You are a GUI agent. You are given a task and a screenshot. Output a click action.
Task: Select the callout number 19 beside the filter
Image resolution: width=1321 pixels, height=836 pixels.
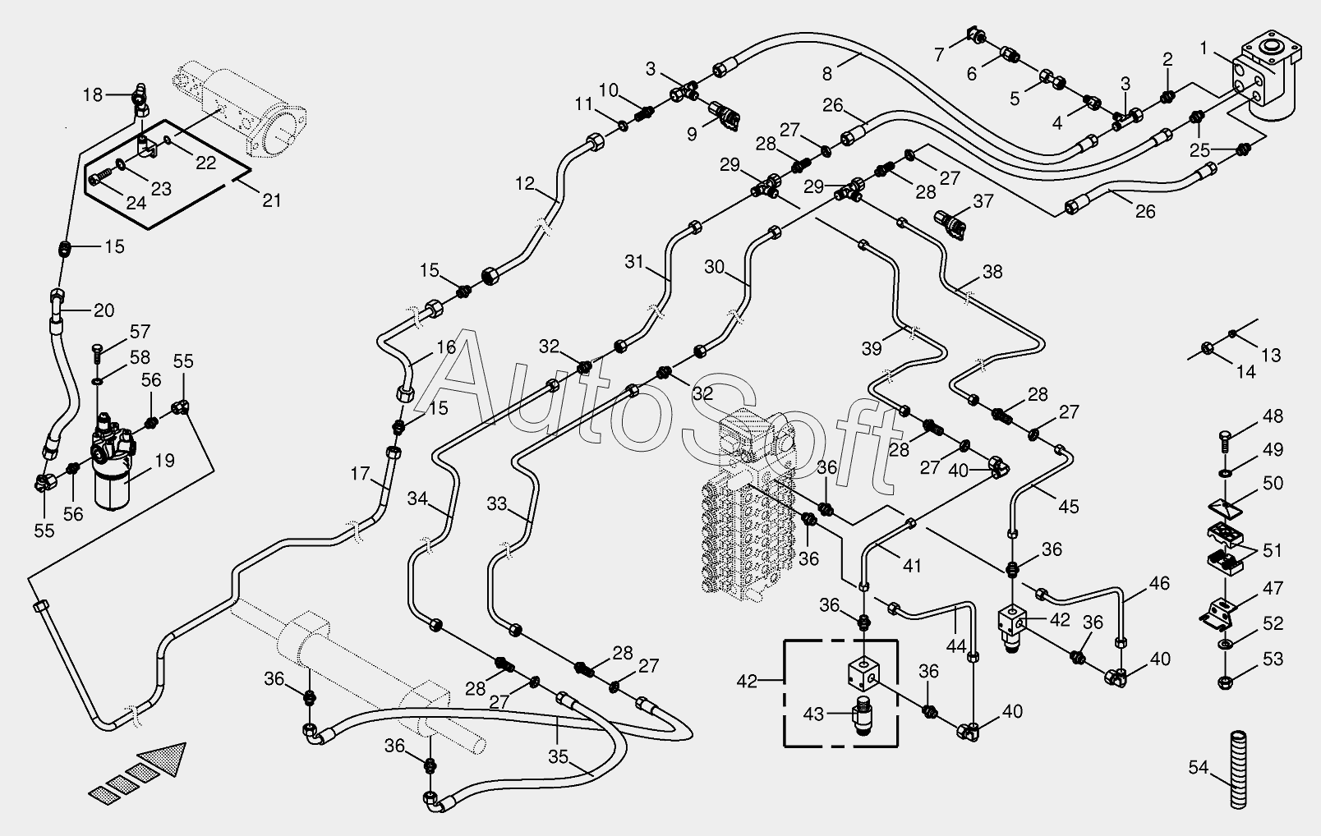coord(165,461)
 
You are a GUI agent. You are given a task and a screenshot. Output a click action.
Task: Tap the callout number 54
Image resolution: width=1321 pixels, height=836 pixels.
coord(1199,768)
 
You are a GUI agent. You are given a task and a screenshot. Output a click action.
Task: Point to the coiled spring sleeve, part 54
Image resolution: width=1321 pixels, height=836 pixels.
coord(1238,769)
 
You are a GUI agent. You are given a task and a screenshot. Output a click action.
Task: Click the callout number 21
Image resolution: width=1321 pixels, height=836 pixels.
coord(272,200)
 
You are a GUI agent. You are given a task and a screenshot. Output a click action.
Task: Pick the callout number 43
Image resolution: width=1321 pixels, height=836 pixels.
coord(814,714)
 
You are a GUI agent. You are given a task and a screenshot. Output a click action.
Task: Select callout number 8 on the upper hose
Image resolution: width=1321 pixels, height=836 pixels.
coord(826,74)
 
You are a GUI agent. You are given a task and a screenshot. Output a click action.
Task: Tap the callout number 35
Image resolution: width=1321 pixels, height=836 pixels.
coord(558,756)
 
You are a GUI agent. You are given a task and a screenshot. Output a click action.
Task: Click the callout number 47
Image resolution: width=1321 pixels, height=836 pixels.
coord(1273,588)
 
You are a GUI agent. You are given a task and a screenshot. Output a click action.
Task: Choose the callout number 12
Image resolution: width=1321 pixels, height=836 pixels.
coord(524,184)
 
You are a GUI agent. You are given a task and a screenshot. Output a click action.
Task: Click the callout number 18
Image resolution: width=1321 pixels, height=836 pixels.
coord(93,95)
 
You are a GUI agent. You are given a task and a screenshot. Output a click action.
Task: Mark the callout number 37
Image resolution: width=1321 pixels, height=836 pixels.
coord(983,201)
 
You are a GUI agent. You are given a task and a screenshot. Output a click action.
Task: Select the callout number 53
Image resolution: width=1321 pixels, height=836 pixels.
coord(1273,659)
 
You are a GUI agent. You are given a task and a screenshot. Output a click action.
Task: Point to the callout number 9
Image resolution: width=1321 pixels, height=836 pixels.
coord(692,135)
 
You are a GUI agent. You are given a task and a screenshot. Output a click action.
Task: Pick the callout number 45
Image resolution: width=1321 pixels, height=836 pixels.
coord(1069,507)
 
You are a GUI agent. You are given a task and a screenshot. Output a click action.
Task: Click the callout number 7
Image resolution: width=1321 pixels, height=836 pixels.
coord(939,55)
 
